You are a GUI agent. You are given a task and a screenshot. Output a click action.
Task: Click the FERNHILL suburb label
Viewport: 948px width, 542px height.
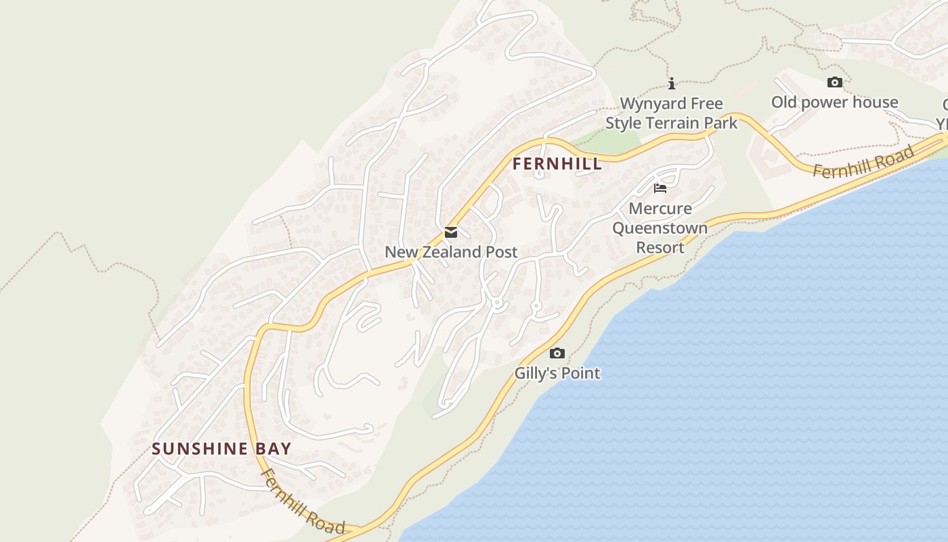(x=557, y=164)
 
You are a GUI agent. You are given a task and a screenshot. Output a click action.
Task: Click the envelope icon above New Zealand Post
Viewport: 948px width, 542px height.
(x=451, y=233)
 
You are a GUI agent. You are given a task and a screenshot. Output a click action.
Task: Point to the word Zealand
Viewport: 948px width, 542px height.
(x=453, y=252)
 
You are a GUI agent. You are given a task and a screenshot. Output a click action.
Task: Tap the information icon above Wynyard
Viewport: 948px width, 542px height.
(x=672, y=83)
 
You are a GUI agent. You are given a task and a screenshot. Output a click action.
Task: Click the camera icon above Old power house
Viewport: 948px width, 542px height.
(x=835, y=83)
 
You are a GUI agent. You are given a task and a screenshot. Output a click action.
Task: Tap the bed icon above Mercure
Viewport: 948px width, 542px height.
(x=660, y=188)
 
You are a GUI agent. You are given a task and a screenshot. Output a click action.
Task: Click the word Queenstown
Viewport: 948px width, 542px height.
(x=660, y=228)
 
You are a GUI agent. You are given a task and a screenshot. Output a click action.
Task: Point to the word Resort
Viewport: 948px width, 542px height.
(x=660, y=247)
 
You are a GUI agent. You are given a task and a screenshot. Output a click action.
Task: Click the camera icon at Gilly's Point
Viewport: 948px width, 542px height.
(x=557, y=353)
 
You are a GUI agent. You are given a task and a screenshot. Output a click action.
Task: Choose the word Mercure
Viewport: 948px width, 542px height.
(x=660, y=208)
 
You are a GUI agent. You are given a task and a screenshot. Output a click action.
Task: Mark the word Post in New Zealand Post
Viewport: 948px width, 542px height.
(x=502, y=252)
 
